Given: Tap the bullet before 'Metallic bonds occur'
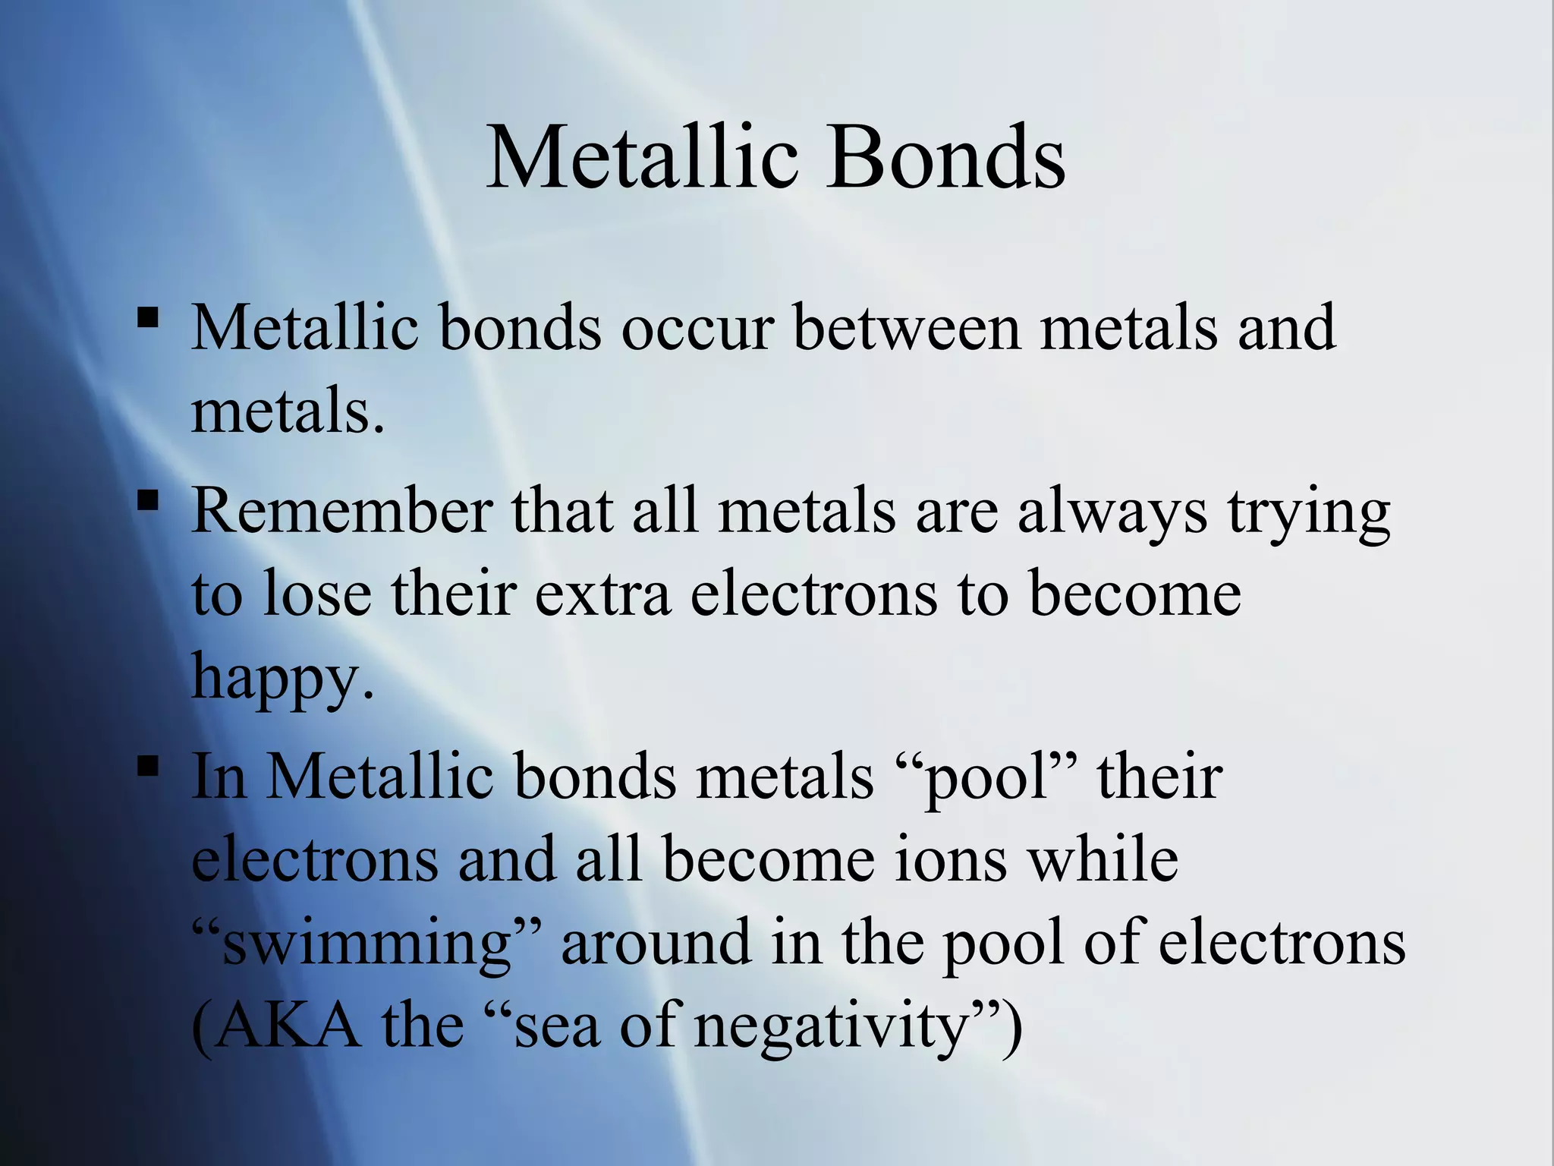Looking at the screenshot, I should point(148,317).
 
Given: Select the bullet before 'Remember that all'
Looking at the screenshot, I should point(148,500).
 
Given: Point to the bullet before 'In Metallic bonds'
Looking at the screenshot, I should point(148,766).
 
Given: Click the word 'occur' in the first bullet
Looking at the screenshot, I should point(697,329).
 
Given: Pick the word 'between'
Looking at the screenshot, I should point(907,329).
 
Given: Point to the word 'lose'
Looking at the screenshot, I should point(317,594).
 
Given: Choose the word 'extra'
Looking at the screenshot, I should point(603,594).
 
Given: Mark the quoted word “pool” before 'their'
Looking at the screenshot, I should point(986,779).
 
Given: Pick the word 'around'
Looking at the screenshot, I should point(656,943).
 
